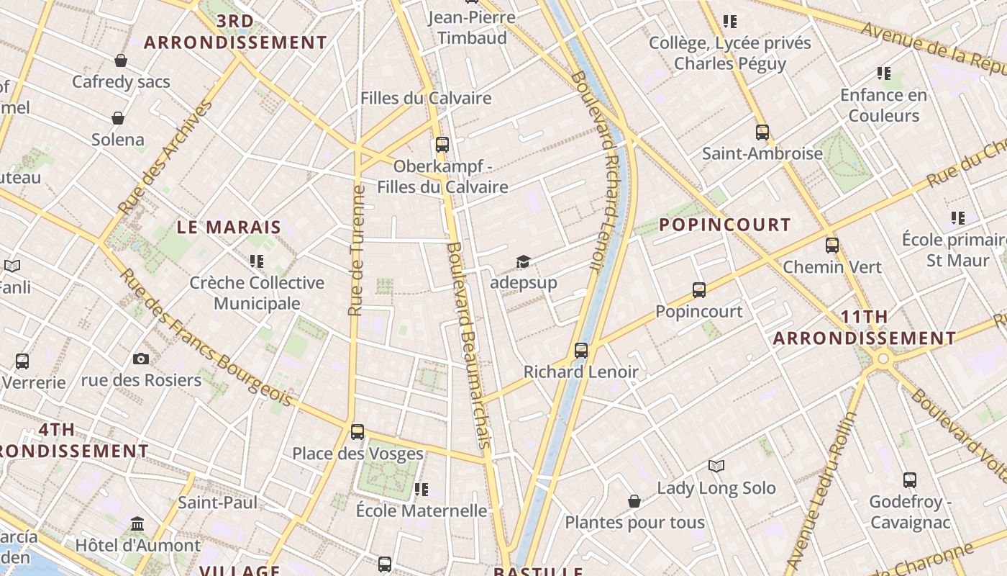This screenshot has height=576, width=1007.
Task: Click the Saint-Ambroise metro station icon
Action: (x=762, y=132)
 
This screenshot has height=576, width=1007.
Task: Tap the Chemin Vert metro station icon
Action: (x=832, y=246)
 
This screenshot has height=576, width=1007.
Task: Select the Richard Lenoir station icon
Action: (x=581, y=351)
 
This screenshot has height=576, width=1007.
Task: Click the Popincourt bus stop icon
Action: (x=699, y=290)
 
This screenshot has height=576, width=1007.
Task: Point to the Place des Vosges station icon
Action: (x=357, y=432)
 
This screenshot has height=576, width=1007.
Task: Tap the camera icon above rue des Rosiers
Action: (x=141, y=359)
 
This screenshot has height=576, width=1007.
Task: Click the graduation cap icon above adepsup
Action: (x=523, y=261)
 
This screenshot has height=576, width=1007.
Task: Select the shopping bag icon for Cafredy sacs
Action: (x=121, y=60)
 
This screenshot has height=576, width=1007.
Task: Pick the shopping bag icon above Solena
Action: (x=118, y=118)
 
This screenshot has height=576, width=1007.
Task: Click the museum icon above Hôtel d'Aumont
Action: (x=137, y=523)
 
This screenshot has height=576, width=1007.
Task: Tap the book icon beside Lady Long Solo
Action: (x=716, y=467)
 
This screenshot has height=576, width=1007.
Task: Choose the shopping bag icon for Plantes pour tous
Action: (x=634, y=501)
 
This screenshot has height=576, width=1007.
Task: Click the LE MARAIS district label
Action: (x=229, y=228)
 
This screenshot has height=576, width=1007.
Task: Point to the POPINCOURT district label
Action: (x=725, y=225)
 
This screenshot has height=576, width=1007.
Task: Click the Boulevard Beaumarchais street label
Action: (x=469, y=346)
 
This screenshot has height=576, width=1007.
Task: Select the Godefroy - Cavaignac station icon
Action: (x=910, y=480)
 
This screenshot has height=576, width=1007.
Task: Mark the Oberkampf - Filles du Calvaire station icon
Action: (x=442, y=145)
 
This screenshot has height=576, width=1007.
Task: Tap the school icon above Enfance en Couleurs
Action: (x=884, y=73)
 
